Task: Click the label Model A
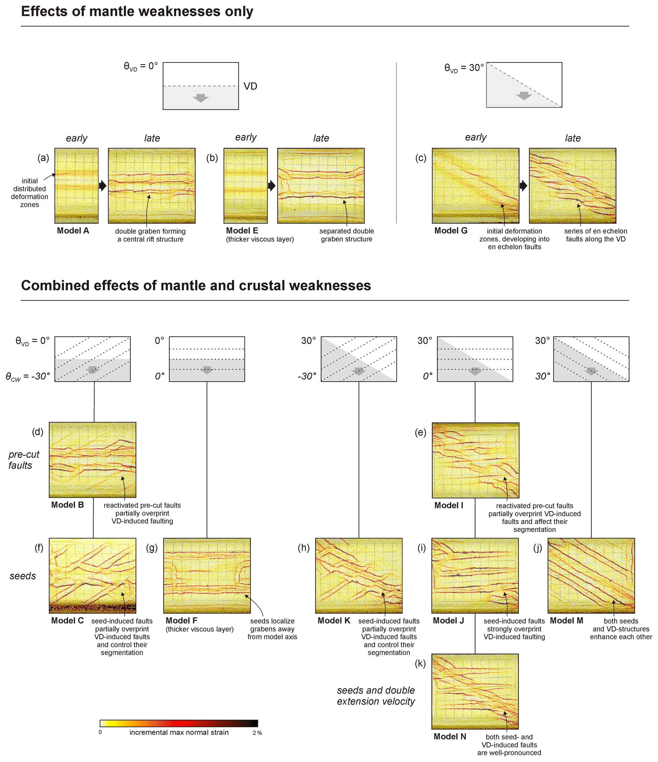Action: pyautogui.click(x=73, y=231)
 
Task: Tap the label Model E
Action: pyautogui.click(x=242, y=231)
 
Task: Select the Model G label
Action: pyautogui.click(x=451, y=231)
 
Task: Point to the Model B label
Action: pyautogui.click(x=67, y=505)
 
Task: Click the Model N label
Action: pyautogui.click(x=449, y=737)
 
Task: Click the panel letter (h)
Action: pyautogui.click(x=304, y=548)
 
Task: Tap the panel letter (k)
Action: pyautogui.click(x=420, y=664)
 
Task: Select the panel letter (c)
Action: pyautogui.click(x=421, y=158)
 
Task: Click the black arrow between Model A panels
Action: pyautogui.click(x=103, y=186)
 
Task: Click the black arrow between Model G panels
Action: pyautogui.click(x=523, y=186)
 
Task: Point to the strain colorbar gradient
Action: pyautogui.click(x=179, y=723)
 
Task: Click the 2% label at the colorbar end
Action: pyautogui.click(x=257, y=733)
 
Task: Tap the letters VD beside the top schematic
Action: pyautogui.click(x=250, y=86)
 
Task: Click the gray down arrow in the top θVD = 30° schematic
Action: pyautogui.click(x=524, y=96)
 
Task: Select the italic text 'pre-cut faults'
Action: pyautogui.click(x=24, y=460)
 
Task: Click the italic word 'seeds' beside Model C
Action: pyautogui.click(x=23, y=576)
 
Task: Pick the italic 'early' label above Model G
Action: pyautogui.click(x=475, y=138)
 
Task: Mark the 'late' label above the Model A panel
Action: pyautogui.click(x=152, y=138)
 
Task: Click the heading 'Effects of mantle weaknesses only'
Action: pyautogui.click(x=137, y=11)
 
